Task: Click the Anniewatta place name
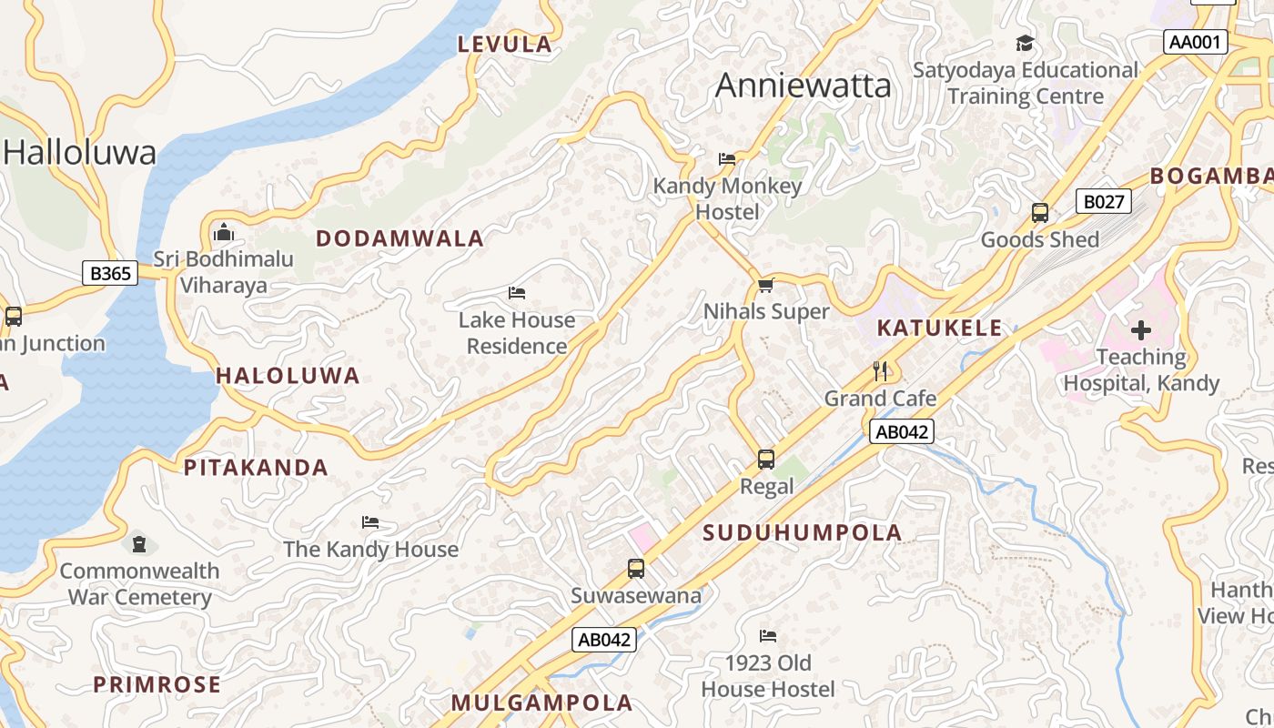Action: (x=803, y=86)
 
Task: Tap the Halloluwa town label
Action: (x=79, y=152)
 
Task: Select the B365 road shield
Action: (x=110, y=272)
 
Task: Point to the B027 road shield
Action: (x=1103, y=201)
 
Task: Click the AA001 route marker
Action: (x=1196, y=42)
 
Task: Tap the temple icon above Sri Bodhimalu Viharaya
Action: (x=224, y=233)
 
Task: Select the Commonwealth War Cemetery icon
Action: (x=138, y=544)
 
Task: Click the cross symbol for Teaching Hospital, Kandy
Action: (x=1141, y=330)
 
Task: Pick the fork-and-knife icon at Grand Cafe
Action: (x=880, y=371)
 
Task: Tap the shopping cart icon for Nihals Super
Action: (x=766, y=286)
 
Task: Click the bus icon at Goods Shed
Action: (x=1040, y=214)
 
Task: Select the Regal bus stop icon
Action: (x=766, y=460)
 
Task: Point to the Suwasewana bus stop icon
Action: (x=636, y=570)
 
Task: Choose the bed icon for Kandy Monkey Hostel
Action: (x=727, y=159)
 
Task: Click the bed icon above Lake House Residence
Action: (x=517, y=293)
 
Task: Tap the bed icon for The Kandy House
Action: (x=370, y=522)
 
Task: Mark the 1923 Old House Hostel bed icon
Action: (x=768, y=636)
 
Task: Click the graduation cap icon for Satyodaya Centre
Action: (x=1025, y=44)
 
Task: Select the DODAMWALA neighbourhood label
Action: (x=399, y=238)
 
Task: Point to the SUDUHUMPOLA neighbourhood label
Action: (x=803, y=533)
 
